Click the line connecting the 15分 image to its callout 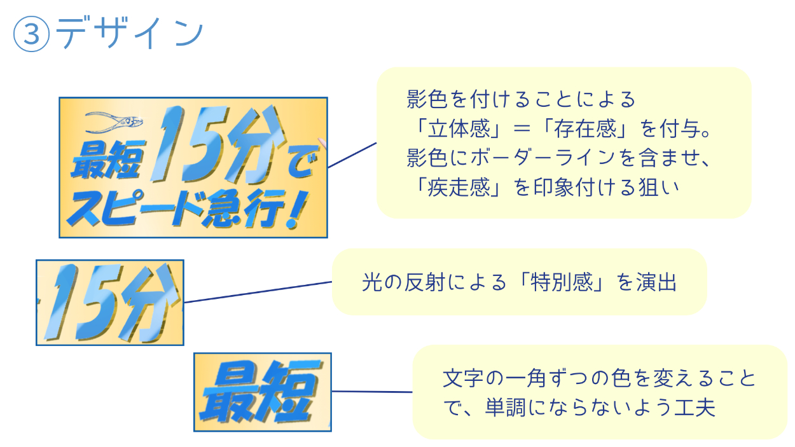(258, 292)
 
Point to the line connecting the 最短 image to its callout (372, 392)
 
